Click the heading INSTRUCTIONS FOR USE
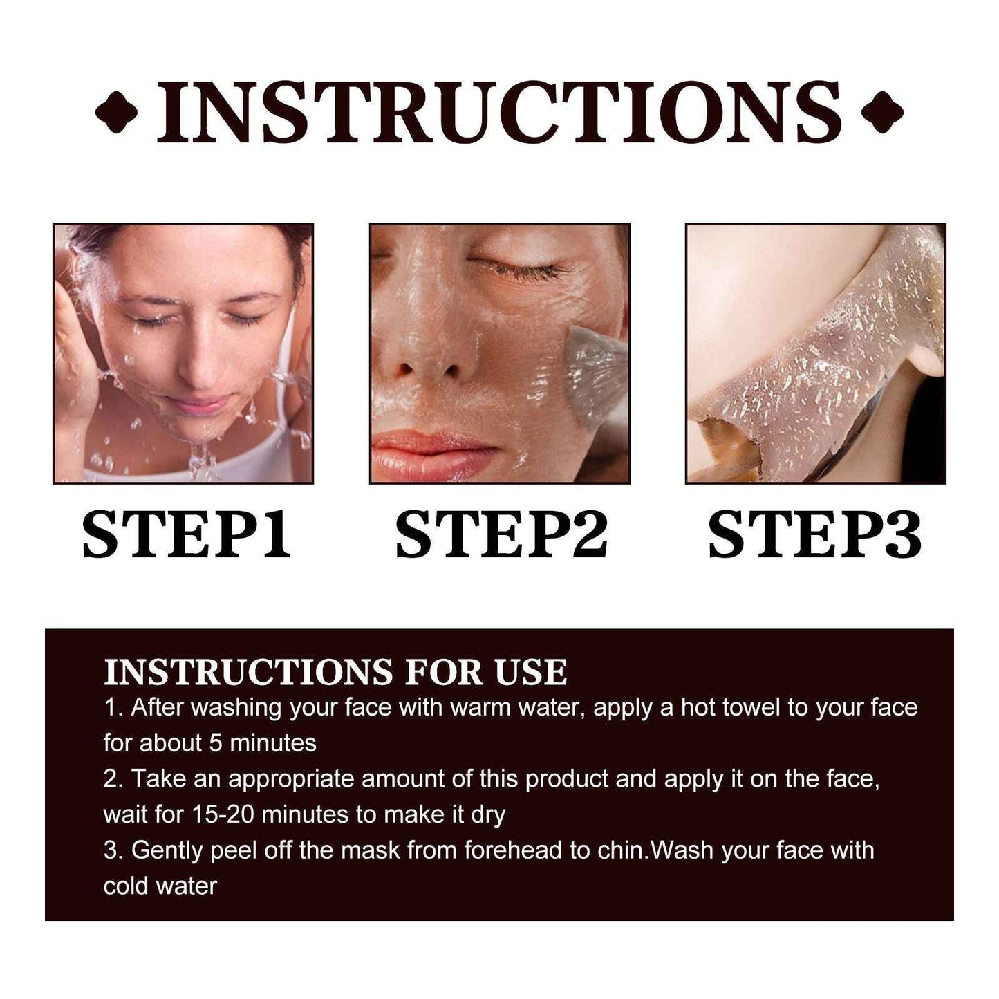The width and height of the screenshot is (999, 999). [335, 672]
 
